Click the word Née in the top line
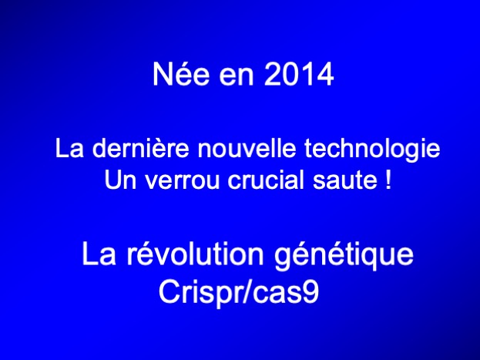(x=181, y=74)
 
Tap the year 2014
(x=299, y=74)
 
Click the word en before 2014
(x=237, y=77)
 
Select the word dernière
(x=140, y=149)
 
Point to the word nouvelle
(x=247, y=149)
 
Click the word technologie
(x=372, y=150)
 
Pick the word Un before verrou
(x=120, y=180)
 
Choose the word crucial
(x=266, y=180)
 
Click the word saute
(x=345, y=180)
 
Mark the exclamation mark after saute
(x=388, y=180)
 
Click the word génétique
(x=344, y=256)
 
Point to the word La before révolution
(x=99, y=254)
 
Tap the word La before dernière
(x=69, y=149)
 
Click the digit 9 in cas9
(x=310, y=292)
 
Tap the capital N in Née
(x=163, y=74)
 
